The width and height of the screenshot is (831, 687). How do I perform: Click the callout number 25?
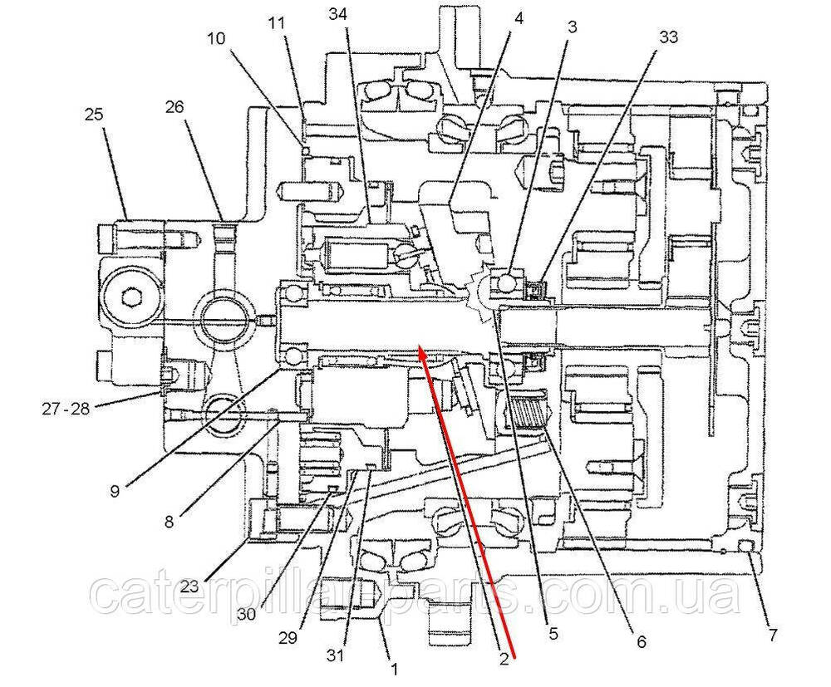tap(94, 115)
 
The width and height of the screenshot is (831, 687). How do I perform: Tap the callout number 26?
tap(174, 107)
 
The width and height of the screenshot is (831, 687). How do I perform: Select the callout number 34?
tap(338, 14)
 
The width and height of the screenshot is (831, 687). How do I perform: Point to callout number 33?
tap(668, 37)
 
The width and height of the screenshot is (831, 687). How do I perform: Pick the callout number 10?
tap(215, 39)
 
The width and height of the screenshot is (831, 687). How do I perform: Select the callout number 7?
tap(773, 635)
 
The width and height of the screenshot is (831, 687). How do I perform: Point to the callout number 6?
tap(640, 641)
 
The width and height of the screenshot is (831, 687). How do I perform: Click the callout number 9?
tap(114, 491)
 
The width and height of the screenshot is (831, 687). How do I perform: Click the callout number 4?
tap(518, 17)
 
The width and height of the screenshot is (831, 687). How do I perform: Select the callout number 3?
tap(572, 27)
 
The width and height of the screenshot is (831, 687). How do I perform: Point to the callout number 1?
tap(394, 666)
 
